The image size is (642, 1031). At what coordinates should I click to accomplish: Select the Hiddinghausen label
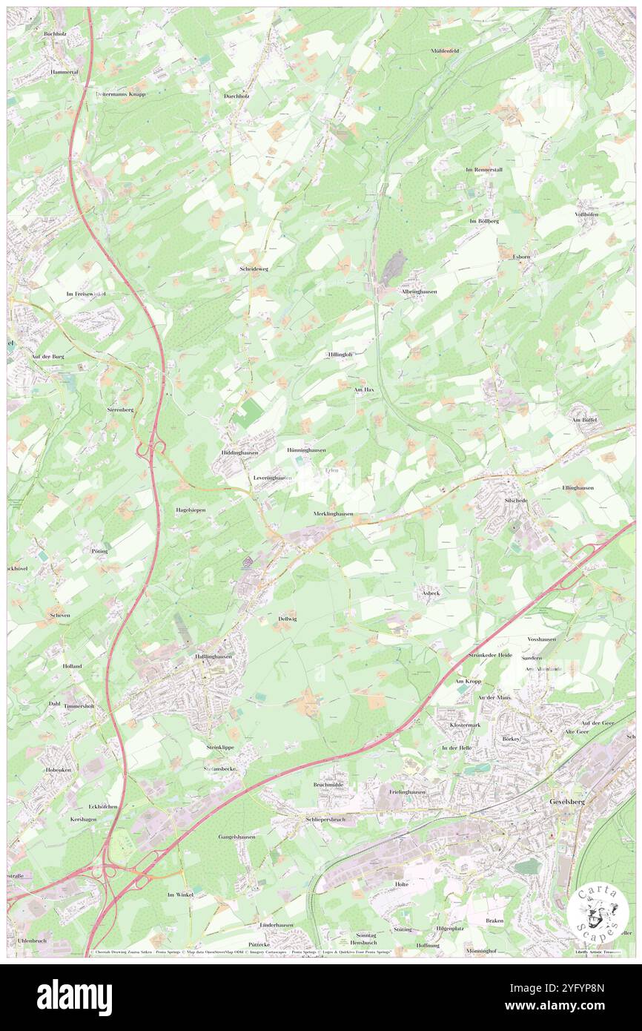pyautogui.click(x=239, y=452)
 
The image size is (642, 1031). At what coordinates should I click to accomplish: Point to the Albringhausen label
pyautogui.click(x=419, y=291)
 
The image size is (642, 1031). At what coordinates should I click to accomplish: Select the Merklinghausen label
pyautogui.click(x=333, y=513)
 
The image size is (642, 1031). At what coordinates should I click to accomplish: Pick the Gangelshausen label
pyautogui.click(x=236, y=837)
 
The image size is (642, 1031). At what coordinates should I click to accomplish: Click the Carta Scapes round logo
pyautogui.click(x=598, y=912)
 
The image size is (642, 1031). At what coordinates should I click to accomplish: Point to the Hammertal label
pyautogui.click(x=64, y=72)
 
